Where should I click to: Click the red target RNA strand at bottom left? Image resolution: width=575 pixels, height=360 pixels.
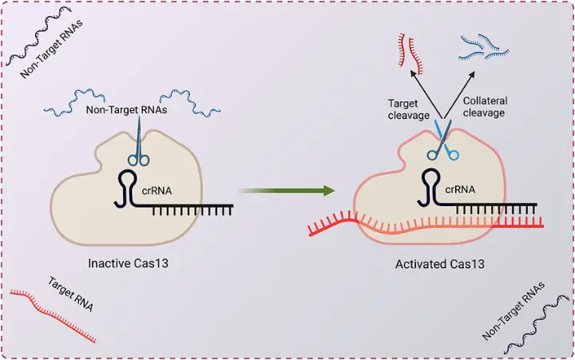click(53, 315)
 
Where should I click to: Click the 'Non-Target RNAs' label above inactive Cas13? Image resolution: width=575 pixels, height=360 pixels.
click(127, 111)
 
